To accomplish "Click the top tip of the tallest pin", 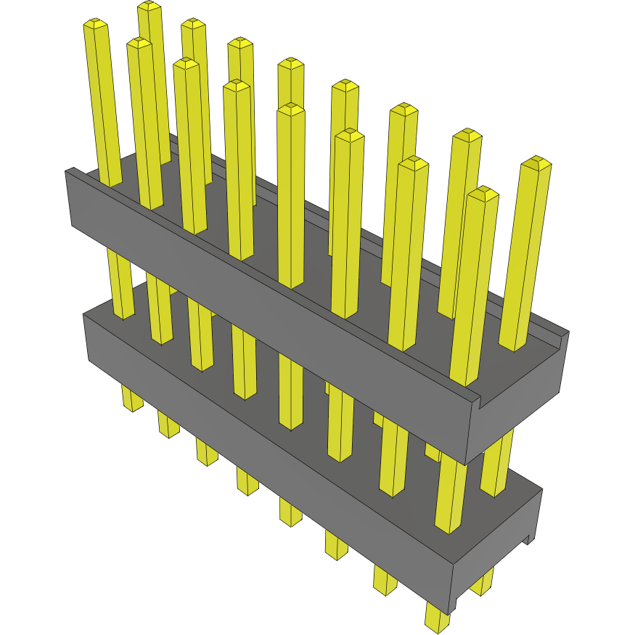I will (149, 6).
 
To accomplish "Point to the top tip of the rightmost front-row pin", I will (483, 192).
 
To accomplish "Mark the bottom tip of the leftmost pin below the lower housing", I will (133, 406).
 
